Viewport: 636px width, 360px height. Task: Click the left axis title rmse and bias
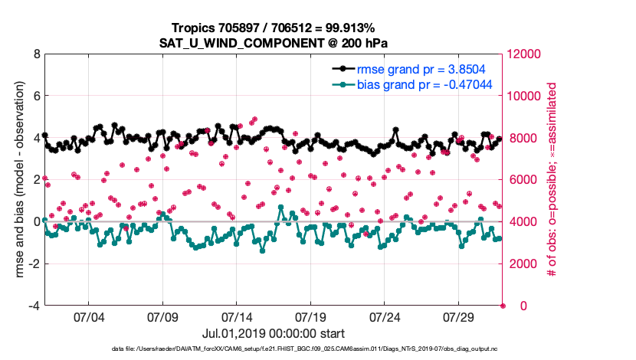[17, 180]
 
